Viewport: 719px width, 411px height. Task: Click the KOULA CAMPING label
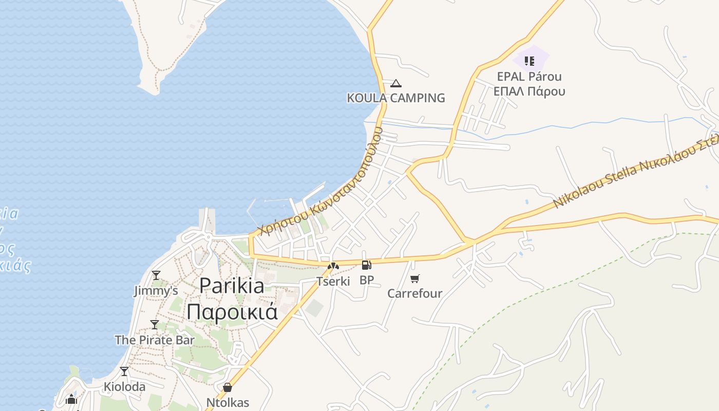click(396, 98)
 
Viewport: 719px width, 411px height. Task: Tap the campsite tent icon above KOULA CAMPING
click(395, 83)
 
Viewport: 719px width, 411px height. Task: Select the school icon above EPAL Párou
click(529, 62)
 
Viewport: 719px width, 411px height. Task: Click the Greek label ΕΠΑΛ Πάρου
click(529, 91)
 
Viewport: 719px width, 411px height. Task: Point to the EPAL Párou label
click(529, 77)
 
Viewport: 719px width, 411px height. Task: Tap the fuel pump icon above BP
click(366, 265)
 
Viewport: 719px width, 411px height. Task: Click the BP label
click(367, 280)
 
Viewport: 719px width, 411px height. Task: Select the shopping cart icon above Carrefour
click(415, 278)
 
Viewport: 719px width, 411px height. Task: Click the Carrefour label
click(415, 293)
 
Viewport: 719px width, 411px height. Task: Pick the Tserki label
click(333, 281)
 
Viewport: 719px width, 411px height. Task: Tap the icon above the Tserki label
click(333, 266)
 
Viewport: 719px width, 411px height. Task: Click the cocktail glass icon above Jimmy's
click(156, 275)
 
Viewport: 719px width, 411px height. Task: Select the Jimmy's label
click(156, 291)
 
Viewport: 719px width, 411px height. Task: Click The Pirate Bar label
click(155, 340)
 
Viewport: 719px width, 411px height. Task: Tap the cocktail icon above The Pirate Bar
click(155, 325)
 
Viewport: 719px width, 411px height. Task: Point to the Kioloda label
click(124, 386)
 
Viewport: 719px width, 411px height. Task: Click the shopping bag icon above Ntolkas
click(228, 387)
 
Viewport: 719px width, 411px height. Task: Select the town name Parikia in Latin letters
click(232, 286)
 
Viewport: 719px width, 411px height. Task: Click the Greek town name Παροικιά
click(232, 311)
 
